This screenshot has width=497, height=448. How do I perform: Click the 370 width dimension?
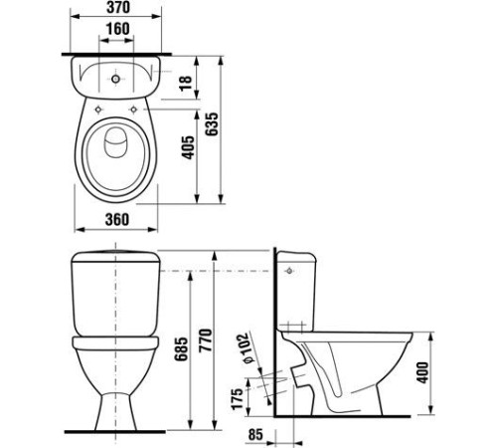118,8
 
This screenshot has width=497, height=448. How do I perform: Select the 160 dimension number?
118,29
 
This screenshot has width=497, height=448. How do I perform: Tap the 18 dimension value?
186,84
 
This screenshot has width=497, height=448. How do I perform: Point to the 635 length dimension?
212,124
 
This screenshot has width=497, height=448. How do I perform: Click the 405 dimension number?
189,147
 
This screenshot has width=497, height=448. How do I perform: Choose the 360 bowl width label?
117,220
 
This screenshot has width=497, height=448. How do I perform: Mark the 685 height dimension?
181,349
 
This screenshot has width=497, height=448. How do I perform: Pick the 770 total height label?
205,340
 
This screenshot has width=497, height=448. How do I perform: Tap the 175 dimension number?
238,398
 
